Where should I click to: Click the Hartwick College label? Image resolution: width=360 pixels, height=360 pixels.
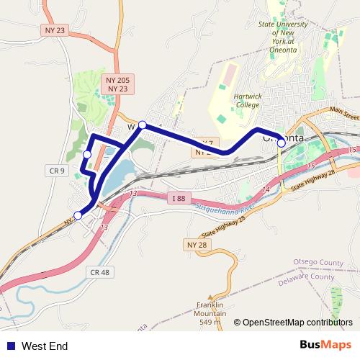(246, 100)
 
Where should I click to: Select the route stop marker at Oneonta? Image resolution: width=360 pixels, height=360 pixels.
(281, 143)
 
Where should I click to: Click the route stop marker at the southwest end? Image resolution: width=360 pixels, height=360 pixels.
(78, 214)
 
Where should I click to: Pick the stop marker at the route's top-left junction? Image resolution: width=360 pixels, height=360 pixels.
(143, 125)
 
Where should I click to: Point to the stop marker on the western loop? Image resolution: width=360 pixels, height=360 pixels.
(87, 154)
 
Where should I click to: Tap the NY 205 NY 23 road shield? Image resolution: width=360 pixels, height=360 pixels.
(117, 84)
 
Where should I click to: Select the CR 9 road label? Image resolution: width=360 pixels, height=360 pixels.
(58, 171)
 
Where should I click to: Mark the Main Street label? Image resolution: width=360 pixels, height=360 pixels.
(343, 114)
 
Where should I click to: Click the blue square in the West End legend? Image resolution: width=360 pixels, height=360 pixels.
(9, 346)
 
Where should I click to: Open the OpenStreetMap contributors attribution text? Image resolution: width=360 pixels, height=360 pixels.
(297, 323)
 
